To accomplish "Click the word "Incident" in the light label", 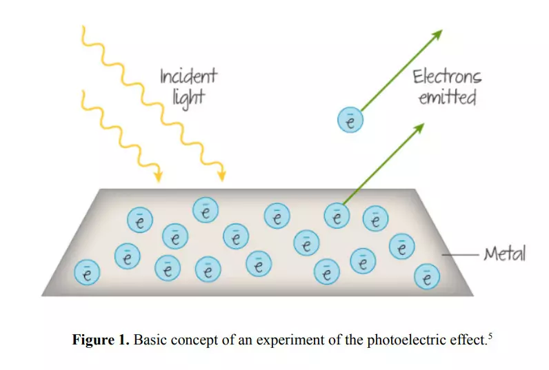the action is point(188,76).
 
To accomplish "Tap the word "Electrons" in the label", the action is point(447,77).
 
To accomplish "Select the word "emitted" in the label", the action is point(448,98).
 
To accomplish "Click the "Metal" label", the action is point(505,254).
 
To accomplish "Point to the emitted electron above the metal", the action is point(350,120).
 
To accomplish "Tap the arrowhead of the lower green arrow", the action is point(419,128).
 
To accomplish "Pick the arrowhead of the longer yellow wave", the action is point(221,176).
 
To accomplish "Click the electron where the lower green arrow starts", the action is point(337,216).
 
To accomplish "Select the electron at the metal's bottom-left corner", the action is point(87,272).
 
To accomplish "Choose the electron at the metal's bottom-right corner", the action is point(427,276).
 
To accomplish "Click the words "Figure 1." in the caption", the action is point(101,340).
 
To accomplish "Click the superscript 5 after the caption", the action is point(490,336).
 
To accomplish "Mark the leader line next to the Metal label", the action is point(460,255).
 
